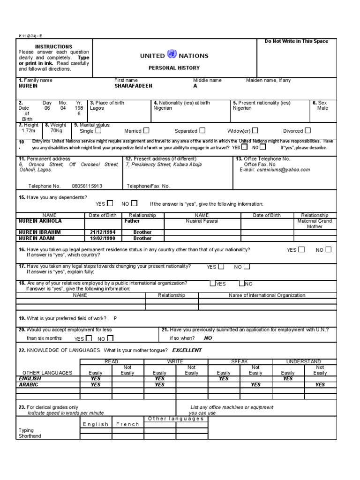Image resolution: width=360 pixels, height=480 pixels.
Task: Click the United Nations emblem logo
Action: click(x=172, y=55)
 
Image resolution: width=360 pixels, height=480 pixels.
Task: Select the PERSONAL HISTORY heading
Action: click(x=174, y=68)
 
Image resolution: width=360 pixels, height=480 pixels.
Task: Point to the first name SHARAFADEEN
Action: click(x=133, y=86)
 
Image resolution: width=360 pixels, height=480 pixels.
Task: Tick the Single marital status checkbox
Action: click(x=98, y=131)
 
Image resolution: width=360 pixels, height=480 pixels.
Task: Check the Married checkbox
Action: click(x=147, y=131)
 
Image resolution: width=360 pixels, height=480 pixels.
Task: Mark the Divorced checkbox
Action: click(x=308, y=131)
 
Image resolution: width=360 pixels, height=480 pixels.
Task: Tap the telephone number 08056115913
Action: click(x=87, y=186)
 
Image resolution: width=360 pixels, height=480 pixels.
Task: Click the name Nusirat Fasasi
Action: click(x=202, y=221)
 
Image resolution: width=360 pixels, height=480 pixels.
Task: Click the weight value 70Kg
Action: click(x=56, y=131)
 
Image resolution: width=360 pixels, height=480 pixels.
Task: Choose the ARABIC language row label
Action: click(x=29, y=384)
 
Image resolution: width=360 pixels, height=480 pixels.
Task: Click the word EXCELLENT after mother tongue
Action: click(x=187, y=350)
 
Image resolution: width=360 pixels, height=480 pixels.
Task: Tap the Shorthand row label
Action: click(x=30, y=436)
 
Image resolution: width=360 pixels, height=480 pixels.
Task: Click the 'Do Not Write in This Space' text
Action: click(x=296, y=42)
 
